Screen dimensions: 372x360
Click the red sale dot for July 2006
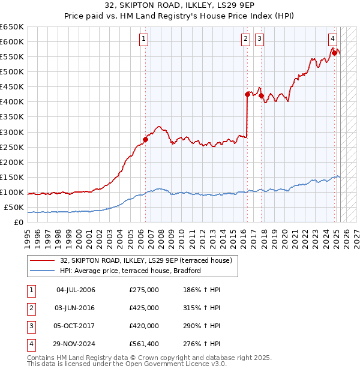[145, 139]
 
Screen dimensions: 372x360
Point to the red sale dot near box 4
[334, 53]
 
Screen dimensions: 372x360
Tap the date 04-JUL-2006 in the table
[76, 290]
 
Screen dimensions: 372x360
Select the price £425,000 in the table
[143, 308]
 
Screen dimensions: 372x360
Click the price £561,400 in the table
[143, 344]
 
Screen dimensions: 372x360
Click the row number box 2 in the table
[30, 308]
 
